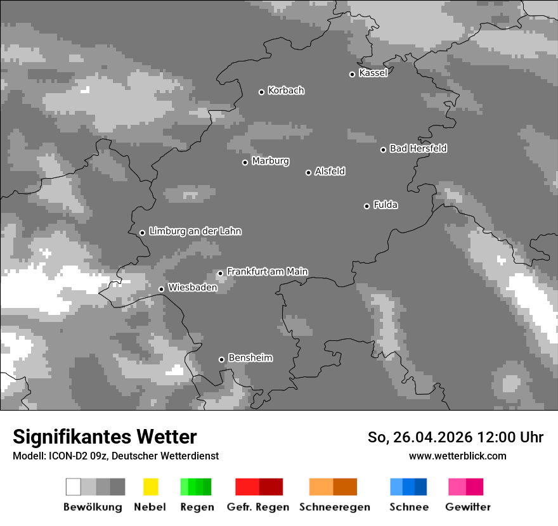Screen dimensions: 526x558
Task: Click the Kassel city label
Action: [x=373, y=73]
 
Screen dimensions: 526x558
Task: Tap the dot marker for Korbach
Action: [x=261, y=92]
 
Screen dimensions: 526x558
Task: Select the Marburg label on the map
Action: [x=270, y=161]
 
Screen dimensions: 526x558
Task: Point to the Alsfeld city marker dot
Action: [x=308, y=172]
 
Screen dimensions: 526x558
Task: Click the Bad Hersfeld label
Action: [x=418, y=148]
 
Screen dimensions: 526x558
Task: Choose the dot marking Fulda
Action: [x=367, y=206]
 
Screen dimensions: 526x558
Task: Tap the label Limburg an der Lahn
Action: [x=195, y=231]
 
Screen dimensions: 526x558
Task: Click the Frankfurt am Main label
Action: [x=267, y=271]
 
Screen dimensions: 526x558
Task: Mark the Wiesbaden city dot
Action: [x=161, y=289]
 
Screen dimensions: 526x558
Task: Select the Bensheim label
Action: [x=250, y=357]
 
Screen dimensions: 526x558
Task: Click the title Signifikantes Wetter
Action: [x=105, y=437]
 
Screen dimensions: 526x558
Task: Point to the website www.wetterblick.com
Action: [x=457, y=456]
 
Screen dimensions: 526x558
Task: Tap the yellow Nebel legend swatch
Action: [x=150, y=487]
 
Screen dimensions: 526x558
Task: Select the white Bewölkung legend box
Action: [x=74, y=487]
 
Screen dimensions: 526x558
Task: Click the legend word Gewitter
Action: [x=467, y=507]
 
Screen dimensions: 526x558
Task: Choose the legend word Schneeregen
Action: [x=335, y=507]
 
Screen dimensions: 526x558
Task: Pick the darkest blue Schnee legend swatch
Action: [x=421, y=487]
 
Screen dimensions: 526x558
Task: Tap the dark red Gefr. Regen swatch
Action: [x=271, y=487]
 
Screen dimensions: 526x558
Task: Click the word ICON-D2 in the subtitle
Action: [x=62, y=456]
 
